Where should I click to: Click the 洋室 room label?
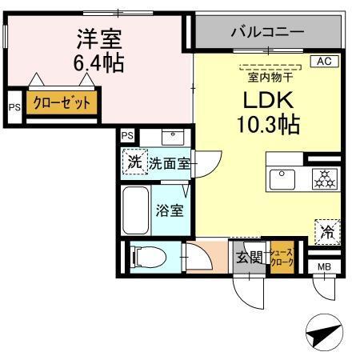coord(98,38)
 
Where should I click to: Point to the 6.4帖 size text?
coord(98,62)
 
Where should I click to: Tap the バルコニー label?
coord(266,33)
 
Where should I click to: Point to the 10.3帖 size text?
coord(268,125)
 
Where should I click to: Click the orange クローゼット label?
coord(62,103)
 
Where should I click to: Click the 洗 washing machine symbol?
coord(134,162)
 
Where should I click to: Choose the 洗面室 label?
coord(169,163)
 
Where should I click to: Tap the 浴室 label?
coord(169,211)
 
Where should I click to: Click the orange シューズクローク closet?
coord(283,258)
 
